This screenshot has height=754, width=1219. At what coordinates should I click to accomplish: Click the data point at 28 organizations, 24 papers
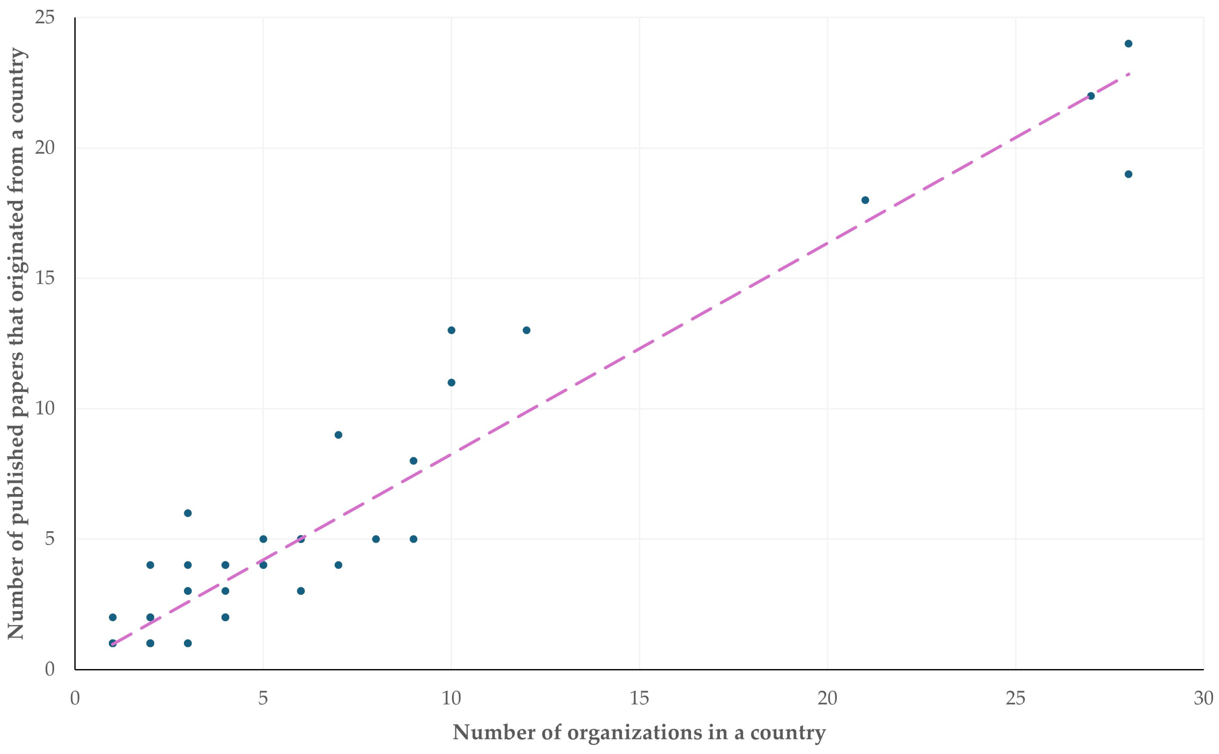(x=1128, y=43)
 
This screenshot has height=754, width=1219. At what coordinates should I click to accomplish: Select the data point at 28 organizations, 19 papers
(x=1128, y=174)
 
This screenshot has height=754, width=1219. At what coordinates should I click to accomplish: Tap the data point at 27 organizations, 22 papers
(x=1091, y=96)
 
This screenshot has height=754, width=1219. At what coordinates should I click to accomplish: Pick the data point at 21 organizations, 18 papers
(x=865, y=200)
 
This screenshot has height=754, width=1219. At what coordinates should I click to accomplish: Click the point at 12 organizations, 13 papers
(x=526, y=330)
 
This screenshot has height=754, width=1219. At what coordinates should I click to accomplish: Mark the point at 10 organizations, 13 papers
(x=451, y=330)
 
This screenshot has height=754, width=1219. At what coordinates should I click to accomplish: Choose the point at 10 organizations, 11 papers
(x=451, y=382)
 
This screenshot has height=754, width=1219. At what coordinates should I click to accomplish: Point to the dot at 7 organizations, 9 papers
(x=338, y=435)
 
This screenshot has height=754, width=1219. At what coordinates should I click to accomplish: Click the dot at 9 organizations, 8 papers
(x=413, y=461)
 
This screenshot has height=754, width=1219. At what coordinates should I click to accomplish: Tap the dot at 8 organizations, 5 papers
(x=376, y=539)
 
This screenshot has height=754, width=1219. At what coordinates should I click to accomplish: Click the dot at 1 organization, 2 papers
(x=113, y=617)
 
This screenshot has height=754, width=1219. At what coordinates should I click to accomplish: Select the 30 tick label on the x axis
(x=1203, y=698)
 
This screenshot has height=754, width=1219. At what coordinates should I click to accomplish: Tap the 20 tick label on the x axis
(x=827, y=698)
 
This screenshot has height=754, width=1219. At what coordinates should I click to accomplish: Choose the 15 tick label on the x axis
(x=639, y=698)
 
